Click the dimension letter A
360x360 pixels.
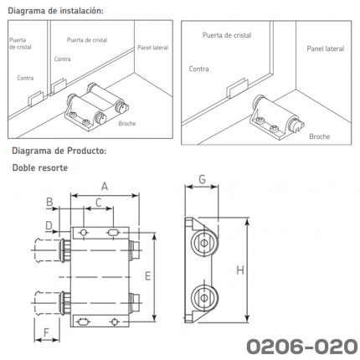(x=105, y=186)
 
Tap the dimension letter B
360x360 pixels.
(x=49, y=202)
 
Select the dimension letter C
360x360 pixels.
(x=99, y=203)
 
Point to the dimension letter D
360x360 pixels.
(x=49, y=225)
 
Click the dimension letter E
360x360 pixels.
(x=147, y=276)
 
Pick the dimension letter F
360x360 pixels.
(x=46, y=332)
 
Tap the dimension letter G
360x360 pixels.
(x=202, y=179)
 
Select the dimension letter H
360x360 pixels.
(x=240, y=270)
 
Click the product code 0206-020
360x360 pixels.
(x=302, y=347)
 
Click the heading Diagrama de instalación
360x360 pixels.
(x=56, y=11)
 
